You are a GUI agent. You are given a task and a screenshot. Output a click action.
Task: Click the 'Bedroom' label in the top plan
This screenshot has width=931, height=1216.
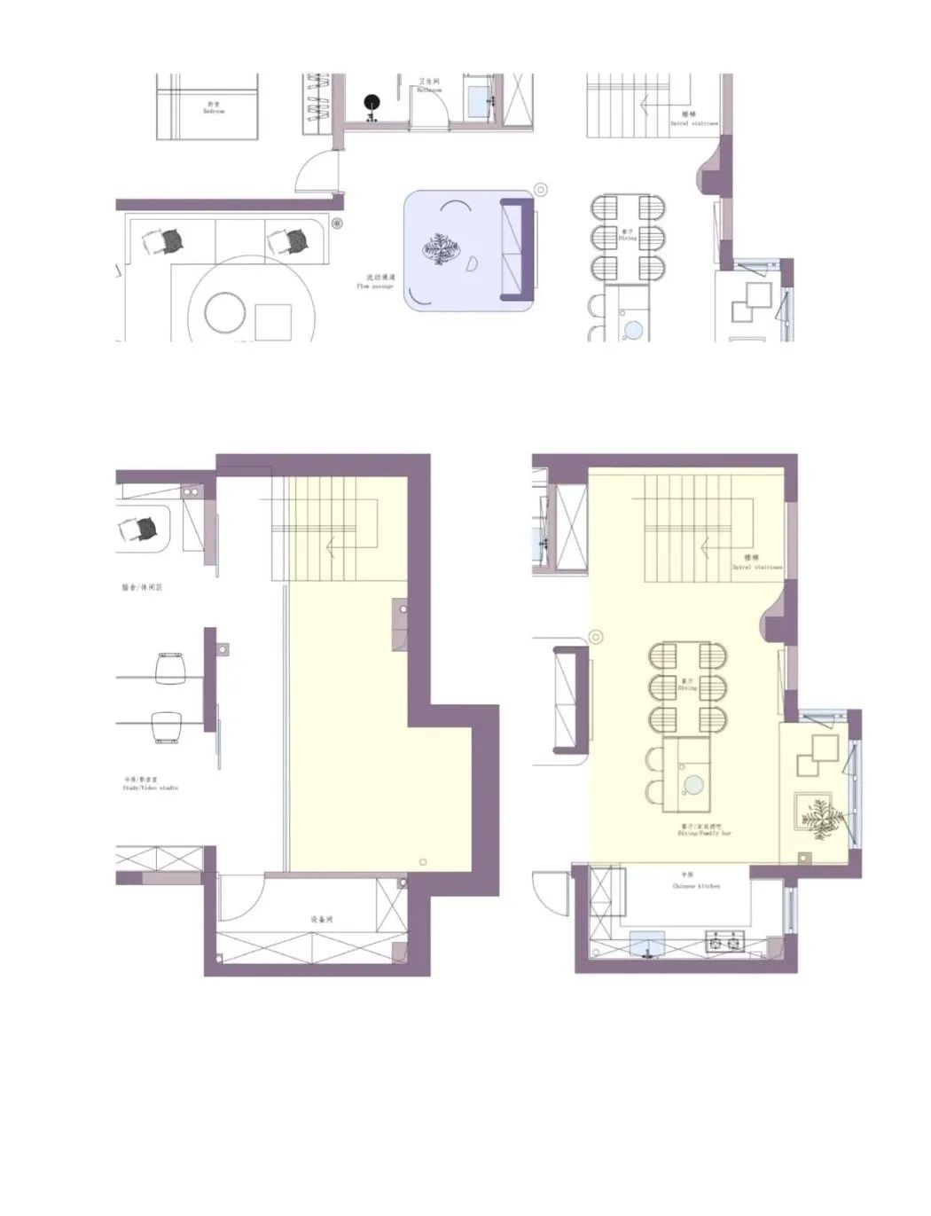[x=214, y=108]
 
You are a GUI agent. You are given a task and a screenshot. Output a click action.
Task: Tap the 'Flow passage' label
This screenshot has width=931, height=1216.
[x=375, y=282]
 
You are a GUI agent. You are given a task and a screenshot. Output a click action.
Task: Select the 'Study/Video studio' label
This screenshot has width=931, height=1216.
[x=151, y=784]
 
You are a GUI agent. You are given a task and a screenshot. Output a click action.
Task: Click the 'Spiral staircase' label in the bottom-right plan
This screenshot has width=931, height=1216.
[x=756, y=563]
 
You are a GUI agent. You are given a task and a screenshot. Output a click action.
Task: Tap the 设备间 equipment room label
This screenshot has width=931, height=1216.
[x=321, y=920]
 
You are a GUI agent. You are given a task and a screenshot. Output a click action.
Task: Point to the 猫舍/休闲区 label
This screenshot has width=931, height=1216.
[x=142, y=587]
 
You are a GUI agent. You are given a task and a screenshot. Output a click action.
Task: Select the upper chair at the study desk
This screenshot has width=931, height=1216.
[x=170, y=668]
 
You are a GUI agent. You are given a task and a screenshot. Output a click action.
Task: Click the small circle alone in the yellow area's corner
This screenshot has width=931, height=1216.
[x=423, y=862]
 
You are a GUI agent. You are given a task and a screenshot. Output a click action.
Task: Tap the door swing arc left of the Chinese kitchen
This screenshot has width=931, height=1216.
[x=550, y=891]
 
